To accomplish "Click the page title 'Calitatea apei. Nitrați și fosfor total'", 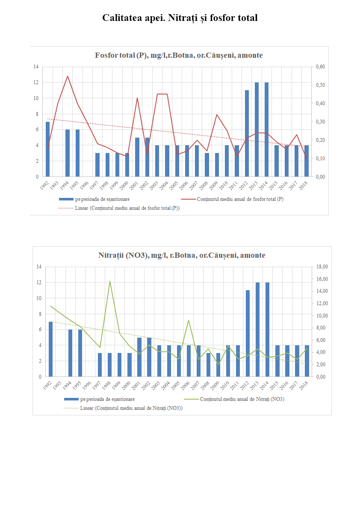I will click(x=180, y=18).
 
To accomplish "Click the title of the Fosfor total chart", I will click(x=179, y=55).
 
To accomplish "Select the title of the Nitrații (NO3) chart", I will click(x=182, y=255).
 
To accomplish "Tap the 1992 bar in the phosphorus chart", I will click(x=48, y=150).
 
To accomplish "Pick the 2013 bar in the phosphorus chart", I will click(x=257, y=129).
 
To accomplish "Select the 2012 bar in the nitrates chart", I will click(x=248, y=333).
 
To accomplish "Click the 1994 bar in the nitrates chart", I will click(x=71, y=353).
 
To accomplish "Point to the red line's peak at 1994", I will click(x=68, y=76).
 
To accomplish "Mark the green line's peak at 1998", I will click(x=110, y=281).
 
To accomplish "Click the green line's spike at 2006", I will click(x=189, y=320).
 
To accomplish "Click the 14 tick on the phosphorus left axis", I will click(x=36, y=67).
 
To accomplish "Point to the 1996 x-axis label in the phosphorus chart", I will click(x=85, y=185).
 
